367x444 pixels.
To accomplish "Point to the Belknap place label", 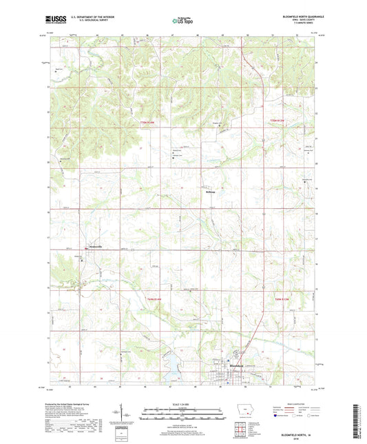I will point(211,192).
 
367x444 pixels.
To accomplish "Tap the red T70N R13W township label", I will point(277,122).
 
